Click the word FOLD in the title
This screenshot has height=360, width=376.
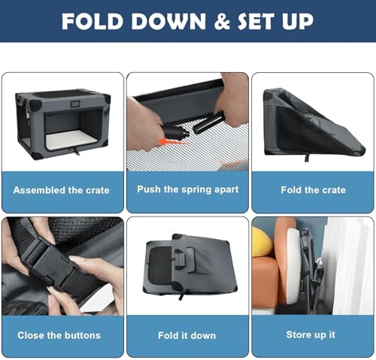point(92,22)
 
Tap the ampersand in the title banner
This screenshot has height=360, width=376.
point(222,22)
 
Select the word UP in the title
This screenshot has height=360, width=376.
point(298,22)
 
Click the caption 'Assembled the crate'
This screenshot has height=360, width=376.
point(62,190)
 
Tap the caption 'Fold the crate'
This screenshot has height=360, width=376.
point(314,190)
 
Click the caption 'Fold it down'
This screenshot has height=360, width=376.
point(187,335)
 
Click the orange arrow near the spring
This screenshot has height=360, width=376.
point(173,142)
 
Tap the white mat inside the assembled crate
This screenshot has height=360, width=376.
point(72,138)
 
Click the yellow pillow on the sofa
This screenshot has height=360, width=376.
point(262,242)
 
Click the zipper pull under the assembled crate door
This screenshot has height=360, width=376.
point(77,151)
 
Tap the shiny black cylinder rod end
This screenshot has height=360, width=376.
point(208,123)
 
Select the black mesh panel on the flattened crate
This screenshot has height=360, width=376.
point(160,265)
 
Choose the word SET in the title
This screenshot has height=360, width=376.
point(255,22)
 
